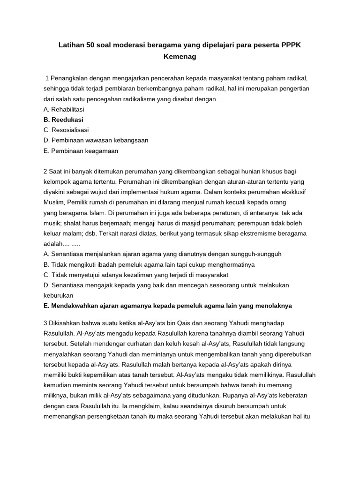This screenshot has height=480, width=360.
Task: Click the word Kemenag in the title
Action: click(x=180, y=57)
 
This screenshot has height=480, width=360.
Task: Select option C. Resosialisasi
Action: click(x=66, y=130)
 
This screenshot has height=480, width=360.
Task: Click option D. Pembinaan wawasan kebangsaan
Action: click(x=96, y=140)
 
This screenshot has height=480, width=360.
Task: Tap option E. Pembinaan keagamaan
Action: click(x=81, y=150)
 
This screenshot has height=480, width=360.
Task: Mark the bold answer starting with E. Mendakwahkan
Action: click(x=167, y=305)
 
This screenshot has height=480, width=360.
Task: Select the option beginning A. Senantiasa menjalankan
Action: click(x=162, y=254)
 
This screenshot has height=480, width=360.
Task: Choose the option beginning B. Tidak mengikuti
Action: click(x=150, y=264)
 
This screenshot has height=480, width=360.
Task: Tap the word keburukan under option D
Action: click(x=58, y=295)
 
